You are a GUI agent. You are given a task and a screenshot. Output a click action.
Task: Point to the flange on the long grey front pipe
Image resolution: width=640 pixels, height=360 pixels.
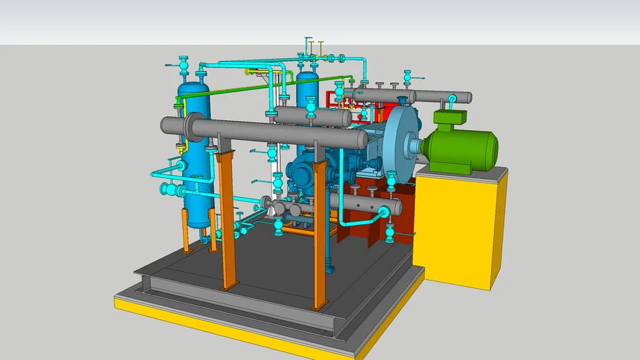[191, 126]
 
